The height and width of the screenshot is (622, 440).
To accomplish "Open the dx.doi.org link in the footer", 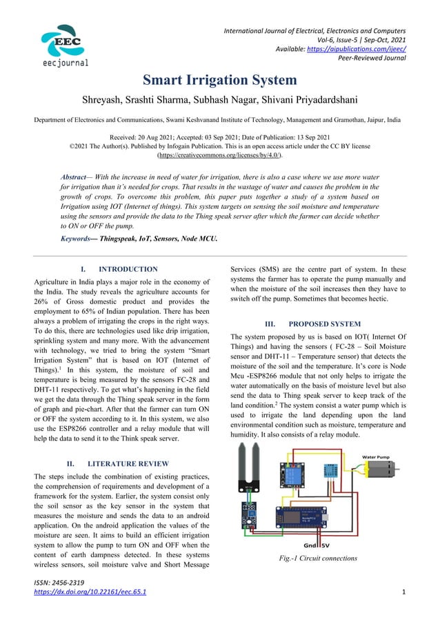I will (90, 592).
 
